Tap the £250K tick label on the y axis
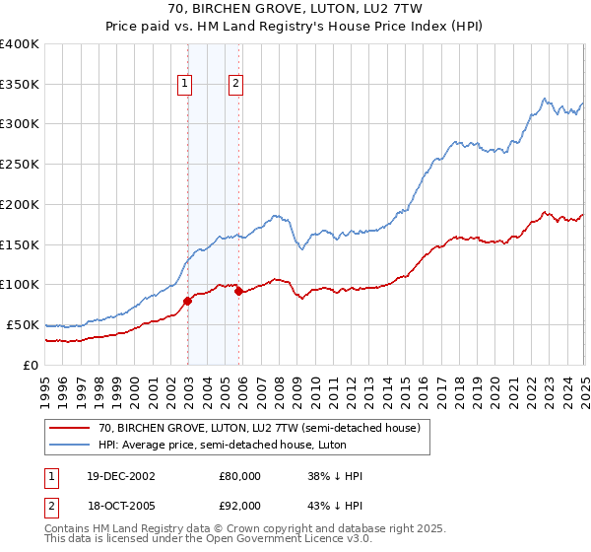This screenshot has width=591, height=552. click(x=20, y=164)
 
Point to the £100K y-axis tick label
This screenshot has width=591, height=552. click(x=20, y=284)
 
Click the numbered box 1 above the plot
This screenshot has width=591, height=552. click(x=185, y=84)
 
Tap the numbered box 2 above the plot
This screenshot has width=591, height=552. click(x=236, y=84)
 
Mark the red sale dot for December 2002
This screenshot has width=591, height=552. click(x=188, y=301)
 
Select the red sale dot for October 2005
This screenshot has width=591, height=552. click(x=239, y=291)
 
